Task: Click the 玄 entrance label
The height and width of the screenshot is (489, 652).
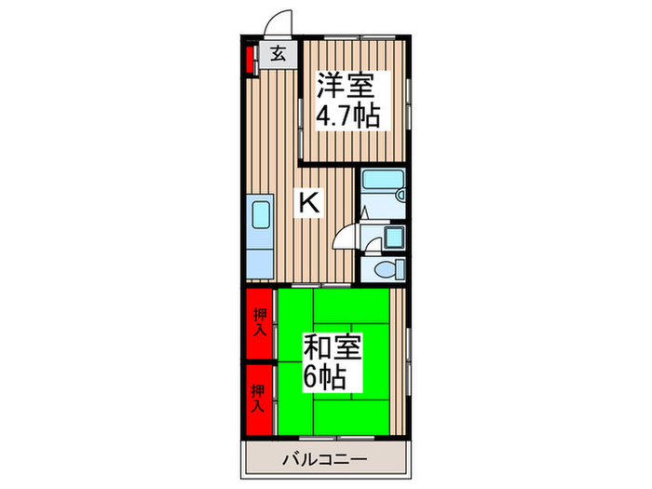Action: (x=278, y=53)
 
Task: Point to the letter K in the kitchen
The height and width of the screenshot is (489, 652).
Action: (x=309, y=202)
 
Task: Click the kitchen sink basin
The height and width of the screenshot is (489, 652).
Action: (x=259, y=217)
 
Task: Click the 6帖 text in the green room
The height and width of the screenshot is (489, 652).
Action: (x=326, y=377)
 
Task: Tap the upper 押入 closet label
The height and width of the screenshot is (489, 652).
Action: (x=260, y=322)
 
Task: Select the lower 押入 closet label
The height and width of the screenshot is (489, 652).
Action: (x=260, y=398)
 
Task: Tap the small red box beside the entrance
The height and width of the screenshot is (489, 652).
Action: (x=251, y=58)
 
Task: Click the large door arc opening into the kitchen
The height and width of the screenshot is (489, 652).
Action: (x=346, y=237)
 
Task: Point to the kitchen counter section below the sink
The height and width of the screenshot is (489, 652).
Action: (x=259, y=257)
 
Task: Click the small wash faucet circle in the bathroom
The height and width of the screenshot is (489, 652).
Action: (x=400, y=197)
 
